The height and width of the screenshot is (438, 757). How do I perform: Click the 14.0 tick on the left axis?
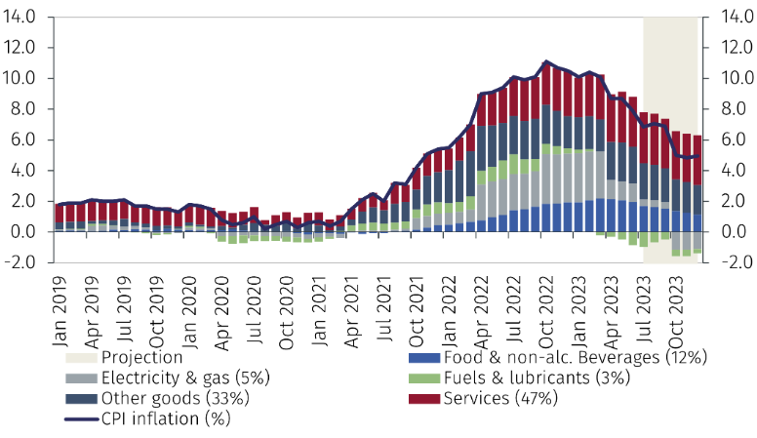[20, 17]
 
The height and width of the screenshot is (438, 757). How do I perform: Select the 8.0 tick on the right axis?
[735, 108]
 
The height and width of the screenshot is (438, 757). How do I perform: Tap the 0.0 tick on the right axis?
[735, 232]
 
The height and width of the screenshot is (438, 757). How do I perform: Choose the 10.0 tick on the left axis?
[20, 78]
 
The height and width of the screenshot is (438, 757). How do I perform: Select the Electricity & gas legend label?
[186, 378]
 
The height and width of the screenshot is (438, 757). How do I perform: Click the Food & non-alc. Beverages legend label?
[582, 358]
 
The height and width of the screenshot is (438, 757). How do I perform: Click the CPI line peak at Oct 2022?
[547, 62]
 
